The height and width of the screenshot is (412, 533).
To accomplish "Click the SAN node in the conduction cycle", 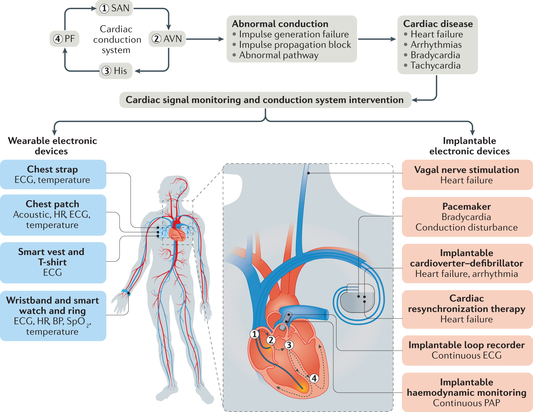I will [114, 8].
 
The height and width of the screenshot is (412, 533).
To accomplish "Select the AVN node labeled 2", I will [167, 39].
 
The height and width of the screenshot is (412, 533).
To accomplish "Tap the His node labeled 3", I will [115, 71].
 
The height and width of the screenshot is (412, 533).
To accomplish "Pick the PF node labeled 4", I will [64, 39].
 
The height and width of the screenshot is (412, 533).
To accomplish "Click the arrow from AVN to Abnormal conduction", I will [205, 39].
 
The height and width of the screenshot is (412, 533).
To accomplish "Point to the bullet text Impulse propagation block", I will [295, 45].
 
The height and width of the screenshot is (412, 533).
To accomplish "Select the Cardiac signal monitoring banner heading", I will [265, 100].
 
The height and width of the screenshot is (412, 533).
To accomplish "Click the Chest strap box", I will [53, 174].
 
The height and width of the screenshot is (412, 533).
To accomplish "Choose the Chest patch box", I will [53, 215].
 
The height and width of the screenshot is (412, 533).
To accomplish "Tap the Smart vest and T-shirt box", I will [53, 262].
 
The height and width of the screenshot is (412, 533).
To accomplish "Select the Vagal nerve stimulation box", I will [467, 175].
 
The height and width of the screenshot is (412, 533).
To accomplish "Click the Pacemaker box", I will [467, 217].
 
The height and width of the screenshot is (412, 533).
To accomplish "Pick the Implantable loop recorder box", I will [467, 350].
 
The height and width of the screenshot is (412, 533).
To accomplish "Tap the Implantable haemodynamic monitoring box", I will [467, 392].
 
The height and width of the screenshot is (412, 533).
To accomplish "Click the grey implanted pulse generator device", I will [357, 299].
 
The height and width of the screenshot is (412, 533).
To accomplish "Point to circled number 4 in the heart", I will [314, 378].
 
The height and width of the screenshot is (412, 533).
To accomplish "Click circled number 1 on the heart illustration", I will [255, 334].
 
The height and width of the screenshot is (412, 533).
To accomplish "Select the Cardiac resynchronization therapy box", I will [467, 309].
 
